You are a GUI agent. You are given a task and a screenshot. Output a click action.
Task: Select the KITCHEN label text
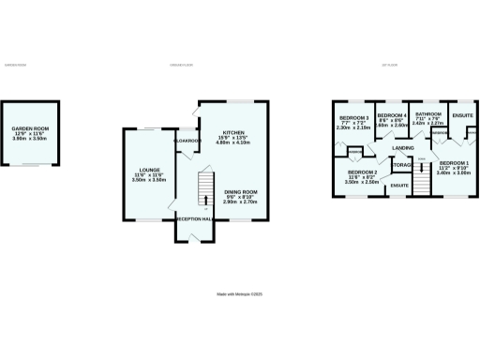[x=232, y=132]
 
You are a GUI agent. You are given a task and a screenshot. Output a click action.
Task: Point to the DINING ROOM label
[x=240, y=192]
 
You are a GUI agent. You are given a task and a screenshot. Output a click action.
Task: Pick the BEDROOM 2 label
[x=362, y=172]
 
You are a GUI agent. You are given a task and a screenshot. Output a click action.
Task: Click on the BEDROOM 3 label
[x=352, y=117]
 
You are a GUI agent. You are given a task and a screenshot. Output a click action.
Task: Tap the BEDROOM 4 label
[x=392, y=117]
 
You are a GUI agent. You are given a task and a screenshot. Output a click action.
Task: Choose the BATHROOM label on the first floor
[x=428, y=113]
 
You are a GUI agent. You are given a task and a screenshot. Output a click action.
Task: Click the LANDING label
[x=404, y=148]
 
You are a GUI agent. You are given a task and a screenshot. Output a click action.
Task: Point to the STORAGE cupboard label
[x=403, y=165]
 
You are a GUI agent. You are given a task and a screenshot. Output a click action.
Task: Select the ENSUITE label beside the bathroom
[x=462, y=115]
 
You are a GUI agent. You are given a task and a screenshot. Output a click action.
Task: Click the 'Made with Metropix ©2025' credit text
[x=240, y=293]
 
